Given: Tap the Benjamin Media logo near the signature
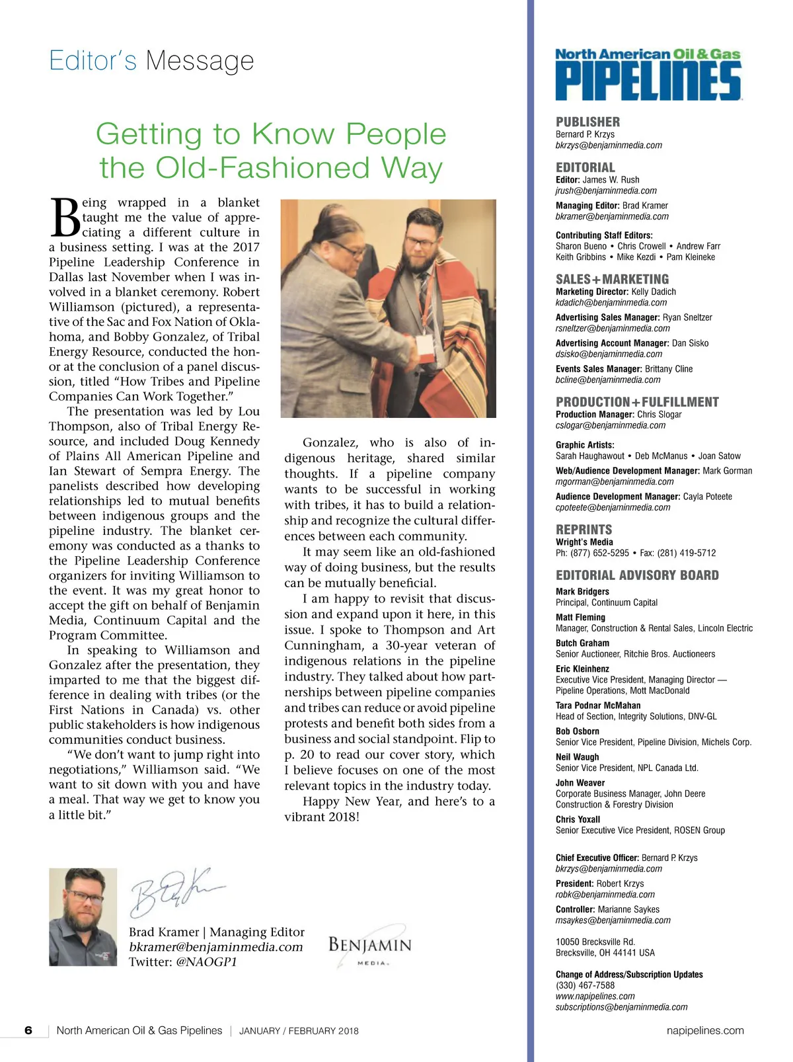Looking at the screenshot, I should point(369,946).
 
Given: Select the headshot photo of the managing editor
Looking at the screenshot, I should point(83,917).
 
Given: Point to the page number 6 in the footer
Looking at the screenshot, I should point(28,1030).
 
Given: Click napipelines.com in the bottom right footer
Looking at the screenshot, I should point(705,1030).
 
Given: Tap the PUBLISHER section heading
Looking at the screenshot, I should point(587,122).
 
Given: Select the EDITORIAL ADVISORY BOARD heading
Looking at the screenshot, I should point(637,575).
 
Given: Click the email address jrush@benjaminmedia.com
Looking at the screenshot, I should point(606,190).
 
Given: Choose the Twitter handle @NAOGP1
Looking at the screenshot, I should point(206,962).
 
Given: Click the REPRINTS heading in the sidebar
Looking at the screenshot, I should point(584,530).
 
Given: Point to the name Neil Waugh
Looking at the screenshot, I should point(577,757).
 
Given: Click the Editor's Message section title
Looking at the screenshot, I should point(151,61).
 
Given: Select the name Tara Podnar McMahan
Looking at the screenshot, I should point(597,706).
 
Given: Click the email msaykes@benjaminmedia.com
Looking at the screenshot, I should point(613,920).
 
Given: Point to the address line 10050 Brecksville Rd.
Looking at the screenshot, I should point(595,942).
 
